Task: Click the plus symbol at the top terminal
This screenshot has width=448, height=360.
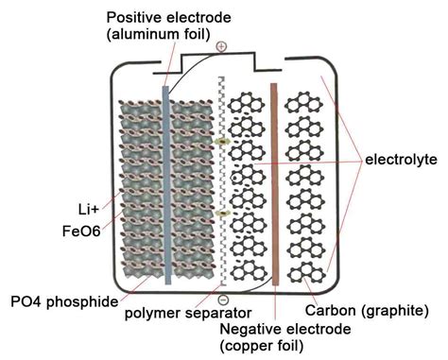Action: click(221, 45)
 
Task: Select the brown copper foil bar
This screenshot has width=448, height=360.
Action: click(274, 184)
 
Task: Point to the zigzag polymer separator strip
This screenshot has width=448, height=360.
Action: click(221, 180)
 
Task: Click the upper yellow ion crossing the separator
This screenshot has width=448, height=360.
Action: click(222, 142)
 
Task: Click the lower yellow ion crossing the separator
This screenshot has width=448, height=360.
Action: click(222, 214)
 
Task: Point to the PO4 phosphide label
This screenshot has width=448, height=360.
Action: click(57, 301)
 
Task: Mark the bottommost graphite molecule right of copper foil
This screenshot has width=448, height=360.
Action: click(308, 273)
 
